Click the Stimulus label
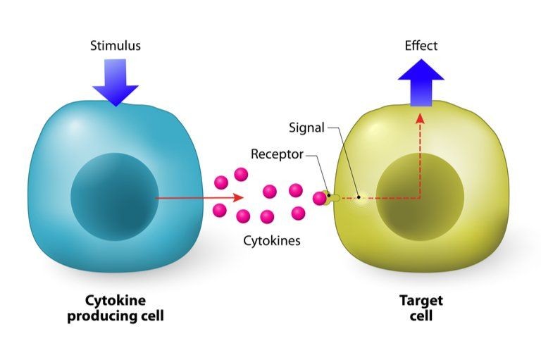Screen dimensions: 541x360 [116, 46]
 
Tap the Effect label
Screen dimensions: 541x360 [421, 46]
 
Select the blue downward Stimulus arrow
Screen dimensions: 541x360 [116, 82]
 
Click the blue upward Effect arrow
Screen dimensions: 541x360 [421, 82]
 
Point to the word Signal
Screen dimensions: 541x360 [306, 128]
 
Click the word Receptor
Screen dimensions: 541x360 [277, 154]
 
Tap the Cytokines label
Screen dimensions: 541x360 [272, 240]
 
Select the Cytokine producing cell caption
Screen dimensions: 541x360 [116, 308]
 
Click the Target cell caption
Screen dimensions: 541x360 [421, 308]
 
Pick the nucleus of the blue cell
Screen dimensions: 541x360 [115, 197]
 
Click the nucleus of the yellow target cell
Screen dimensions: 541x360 [420, 197]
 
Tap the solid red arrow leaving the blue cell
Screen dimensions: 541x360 [199, 198]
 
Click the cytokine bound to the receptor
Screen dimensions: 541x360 [319, 199]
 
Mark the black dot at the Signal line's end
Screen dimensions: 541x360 [359, 197]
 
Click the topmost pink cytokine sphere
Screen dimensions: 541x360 [241, 174]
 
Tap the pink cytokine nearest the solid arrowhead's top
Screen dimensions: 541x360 [221, 182]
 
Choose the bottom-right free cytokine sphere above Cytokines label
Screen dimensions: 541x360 [298, 213]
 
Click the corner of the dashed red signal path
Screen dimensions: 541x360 [421, 198]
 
